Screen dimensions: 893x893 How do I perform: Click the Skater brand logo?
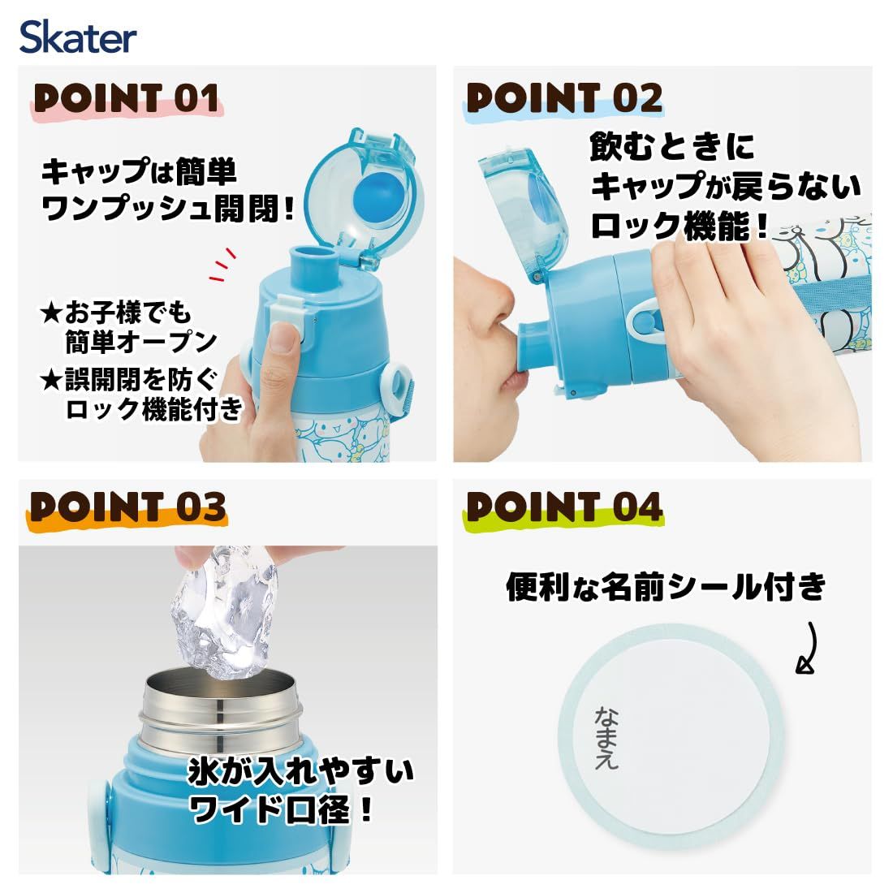78,37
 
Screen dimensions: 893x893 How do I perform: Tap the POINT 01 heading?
127,98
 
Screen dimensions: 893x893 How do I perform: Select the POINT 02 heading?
564,98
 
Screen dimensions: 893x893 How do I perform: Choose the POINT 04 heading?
565,507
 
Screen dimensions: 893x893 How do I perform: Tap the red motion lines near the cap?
222,265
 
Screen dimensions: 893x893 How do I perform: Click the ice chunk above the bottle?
224,612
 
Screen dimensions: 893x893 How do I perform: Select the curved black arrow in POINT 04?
807,648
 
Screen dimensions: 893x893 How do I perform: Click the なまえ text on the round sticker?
606,739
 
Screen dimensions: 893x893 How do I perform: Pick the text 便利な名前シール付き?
665,587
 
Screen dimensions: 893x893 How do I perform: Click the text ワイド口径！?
282,808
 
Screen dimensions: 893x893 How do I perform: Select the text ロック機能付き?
154,409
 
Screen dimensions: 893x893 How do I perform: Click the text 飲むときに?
671,146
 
